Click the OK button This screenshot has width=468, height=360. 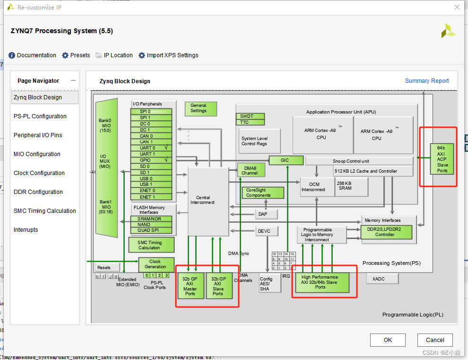click(388, 340)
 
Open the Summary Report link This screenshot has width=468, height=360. click(427, 81)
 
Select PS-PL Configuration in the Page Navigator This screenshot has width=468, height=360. click(40, 116)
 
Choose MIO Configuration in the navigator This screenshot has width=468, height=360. click(37, 154)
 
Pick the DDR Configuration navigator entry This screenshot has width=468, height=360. click(38, 192)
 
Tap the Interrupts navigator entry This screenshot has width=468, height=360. click(26, 230)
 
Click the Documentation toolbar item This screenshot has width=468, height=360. click(32, 55)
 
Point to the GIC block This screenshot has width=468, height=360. click(286, 160)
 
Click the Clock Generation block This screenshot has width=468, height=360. click(156, 264)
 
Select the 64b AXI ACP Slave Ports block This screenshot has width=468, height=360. click(442, 158)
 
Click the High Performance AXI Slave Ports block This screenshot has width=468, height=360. click(320, 282)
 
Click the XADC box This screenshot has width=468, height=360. click(379, 279)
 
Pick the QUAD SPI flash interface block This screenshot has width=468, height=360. click(151, 230)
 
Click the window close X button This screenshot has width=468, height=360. click(457, 8)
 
